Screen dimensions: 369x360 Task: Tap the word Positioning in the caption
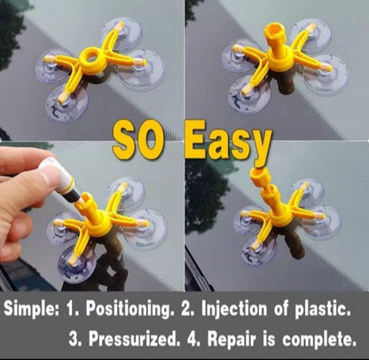coord(129,309)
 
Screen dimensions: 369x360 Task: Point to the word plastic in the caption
coord(321,309)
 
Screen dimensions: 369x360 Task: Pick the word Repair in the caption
coord(232,340)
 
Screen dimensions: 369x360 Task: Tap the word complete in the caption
coord(319,340)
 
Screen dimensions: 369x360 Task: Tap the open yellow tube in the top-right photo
coord(272,35)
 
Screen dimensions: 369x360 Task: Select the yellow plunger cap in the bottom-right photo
coord(261,177)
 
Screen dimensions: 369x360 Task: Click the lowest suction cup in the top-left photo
coord(67,104)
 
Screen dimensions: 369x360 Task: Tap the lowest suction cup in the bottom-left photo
coord(77,264)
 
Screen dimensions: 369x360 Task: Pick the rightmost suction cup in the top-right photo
coord(326,74)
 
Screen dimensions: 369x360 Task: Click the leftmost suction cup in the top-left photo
coord(53,66)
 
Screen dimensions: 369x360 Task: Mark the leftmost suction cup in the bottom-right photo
coord(249,219)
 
